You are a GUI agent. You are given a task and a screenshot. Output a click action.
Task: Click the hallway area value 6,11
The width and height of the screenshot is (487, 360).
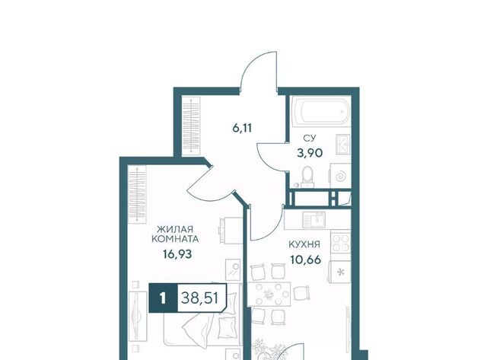[x=242, y=128]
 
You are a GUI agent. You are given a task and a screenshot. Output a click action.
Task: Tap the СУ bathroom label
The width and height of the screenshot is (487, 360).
[x=310, y=139]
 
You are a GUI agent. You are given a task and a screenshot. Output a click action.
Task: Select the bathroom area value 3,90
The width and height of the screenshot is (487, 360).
[x=310, y=153]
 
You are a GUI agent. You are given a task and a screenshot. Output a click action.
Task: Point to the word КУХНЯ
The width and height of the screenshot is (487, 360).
[x=304, y=244]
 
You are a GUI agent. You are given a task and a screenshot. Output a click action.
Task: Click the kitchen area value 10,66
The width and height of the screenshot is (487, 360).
[x=305, y=259]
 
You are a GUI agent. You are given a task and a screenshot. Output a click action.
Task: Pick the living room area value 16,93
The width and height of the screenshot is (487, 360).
[x=177, y=254]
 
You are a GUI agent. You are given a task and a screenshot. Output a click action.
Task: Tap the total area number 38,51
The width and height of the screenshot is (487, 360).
[x=200, y=298]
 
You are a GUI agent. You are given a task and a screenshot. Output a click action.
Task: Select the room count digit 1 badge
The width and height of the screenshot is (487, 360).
[x=163, y=299]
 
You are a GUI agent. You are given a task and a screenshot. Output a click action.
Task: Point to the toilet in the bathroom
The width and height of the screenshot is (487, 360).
[x=307, y=177]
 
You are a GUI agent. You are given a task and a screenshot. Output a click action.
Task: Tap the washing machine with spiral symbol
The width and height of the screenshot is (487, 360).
[x=340, y=176]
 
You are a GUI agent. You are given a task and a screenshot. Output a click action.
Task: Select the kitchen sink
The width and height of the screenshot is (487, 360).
[x=314, y=219]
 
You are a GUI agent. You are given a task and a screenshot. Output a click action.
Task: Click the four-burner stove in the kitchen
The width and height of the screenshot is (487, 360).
[x=341, y=243]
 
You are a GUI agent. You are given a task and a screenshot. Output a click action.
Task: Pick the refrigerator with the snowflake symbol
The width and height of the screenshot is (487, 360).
[x=340, y=272]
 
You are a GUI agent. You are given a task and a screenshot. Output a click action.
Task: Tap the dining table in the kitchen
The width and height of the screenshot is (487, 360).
[x=269, y=294]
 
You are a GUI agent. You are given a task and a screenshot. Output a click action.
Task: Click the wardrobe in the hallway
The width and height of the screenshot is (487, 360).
[x=191, y=126]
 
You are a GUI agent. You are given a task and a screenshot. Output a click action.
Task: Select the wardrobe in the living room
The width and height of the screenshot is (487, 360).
[x=137, y=194]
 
